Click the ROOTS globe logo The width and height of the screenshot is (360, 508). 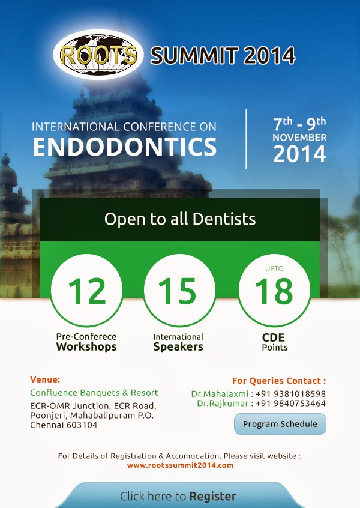click(x=98, y=55)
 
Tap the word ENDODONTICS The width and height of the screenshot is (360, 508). click(x=125, y=147)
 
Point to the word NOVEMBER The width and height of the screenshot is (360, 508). click(x=299, y=138)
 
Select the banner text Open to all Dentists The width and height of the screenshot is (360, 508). click(x=180, y=219)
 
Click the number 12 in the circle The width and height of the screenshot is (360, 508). click(x=87, y=291)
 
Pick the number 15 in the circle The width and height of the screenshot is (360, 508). click(x=178, y=291)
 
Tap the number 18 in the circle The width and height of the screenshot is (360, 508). click(x=274, y=291)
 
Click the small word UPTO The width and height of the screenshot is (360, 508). click(x=274, y=268)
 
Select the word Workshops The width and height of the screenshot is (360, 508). click(x=86, y=346)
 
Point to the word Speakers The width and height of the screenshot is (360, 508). click(x=178, y=346)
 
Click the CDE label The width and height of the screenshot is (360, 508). click(x=274, y=337)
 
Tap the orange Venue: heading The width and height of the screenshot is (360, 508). click(x=45, y=379)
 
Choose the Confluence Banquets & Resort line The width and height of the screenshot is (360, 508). click(x=94, y=393)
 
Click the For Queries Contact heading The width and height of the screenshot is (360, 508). click(x=279, y=381)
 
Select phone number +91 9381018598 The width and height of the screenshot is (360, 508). click(x=291, y=394)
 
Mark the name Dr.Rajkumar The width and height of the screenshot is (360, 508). click(x=223, y=404)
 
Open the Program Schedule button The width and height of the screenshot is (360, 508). click(x=280, y=424)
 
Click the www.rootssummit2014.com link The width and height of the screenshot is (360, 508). click(x=180, y=465)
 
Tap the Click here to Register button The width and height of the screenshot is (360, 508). click(x=178, y=495)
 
